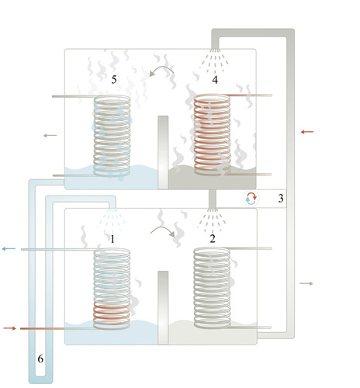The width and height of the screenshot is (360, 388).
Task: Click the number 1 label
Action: click(112, 239)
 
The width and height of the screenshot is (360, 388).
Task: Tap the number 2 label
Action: click(213, 238)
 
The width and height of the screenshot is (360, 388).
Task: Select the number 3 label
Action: click(281, 198)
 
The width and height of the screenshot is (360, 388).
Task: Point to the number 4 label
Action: click(215, 80)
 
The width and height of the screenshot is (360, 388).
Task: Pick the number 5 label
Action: click(114, 79)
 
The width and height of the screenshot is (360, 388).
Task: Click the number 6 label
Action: click(40, 359)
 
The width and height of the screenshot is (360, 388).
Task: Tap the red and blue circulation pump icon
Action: click(251, 199)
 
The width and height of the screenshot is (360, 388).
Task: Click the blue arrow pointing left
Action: click(9, 249)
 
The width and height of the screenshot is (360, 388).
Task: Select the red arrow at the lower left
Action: click(10, 328)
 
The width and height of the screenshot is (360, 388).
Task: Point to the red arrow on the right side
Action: click(307, 132)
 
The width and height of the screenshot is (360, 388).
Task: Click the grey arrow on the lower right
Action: click(306, 283)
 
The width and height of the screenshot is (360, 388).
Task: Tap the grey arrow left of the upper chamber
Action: click(50, 135)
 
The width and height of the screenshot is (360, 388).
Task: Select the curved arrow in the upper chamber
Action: click(161, 68)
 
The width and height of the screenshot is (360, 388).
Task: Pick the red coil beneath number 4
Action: click(212, 134)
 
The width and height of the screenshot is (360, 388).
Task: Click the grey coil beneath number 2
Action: click(212, 288)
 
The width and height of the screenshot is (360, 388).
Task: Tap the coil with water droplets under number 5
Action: click(112, 136)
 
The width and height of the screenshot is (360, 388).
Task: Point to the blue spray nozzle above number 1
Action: click(112, 220)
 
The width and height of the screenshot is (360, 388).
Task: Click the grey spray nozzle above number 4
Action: click(214, 60)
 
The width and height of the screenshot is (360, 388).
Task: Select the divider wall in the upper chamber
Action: click(163, 152)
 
